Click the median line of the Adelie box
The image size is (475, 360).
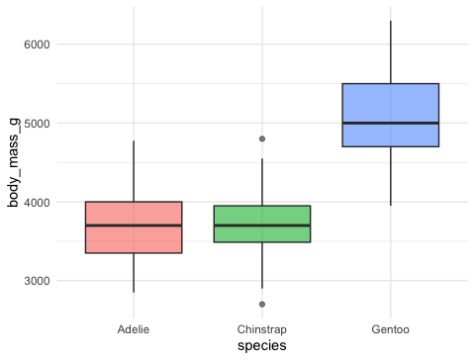click(x=134, y=225)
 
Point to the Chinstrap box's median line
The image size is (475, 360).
click(x=262, y=225)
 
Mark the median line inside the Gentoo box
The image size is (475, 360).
click(x=391, y=123)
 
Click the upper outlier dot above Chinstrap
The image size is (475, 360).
click(x=262, y=138)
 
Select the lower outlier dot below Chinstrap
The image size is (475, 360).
click(x=262, y=305)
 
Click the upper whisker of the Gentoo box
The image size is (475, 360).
click(x=391, y=51)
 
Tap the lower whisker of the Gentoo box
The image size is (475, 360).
click(x=391, y=176)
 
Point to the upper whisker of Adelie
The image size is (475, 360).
click(x=134, y=171)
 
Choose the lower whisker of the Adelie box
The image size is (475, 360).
click(x=134, y=273)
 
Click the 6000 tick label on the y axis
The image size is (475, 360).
click(x=37, y=45)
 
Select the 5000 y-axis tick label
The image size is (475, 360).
click(x=37, y=124)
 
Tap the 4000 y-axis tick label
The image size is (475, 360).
click(x=37, y=202)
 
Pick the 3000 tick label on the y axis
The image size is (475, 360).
click(x=37, y=281)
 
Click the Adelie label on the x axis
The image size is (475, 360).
click(x=134, y=329)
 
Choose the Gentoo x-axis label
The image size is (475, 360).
click(x=391, y=329)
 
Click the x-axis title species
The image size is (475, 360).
click(x=262, y=346)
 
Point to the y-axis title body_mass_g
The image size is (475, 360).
click(x=13, y=162)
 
